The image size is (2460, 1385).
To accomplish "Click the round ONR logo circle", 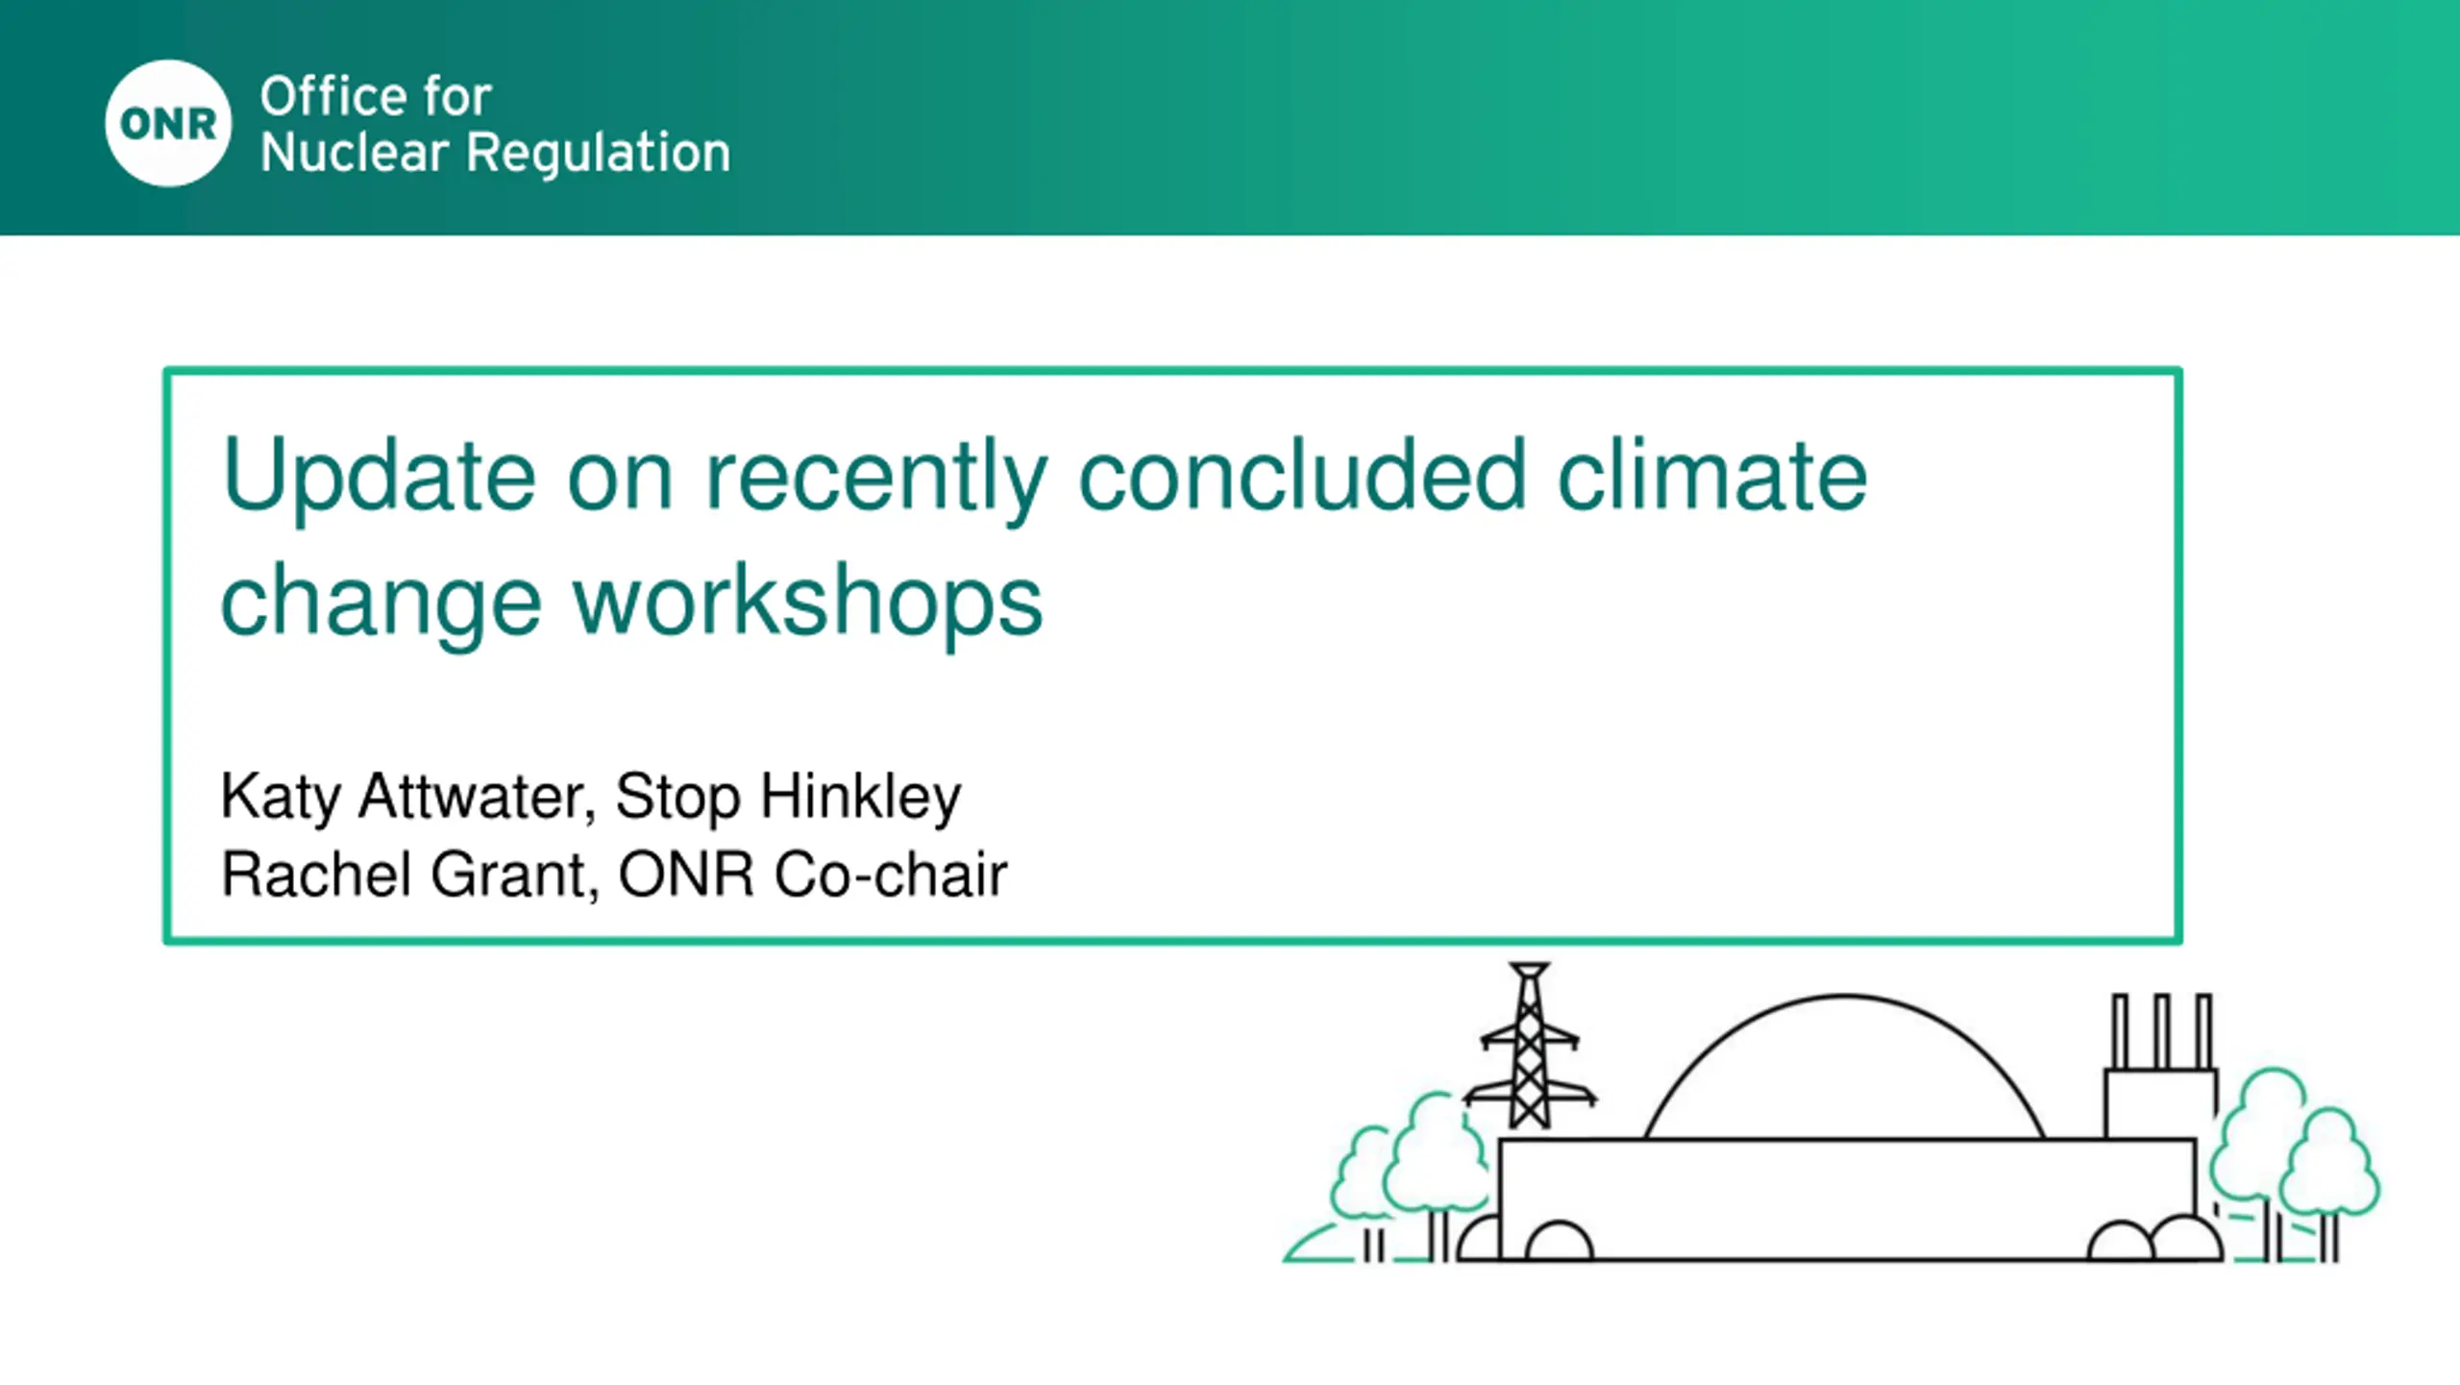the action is point(168,123).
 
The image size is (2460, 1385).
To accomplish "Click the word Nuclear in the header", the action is point(355,153).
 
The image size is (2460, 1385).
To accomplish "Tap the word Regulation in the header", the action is point(598,153).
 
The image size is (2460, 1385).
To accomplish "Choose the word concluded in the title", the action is point(1302,475).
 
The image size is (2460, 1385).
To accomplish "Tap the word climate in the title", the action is point(1712,475).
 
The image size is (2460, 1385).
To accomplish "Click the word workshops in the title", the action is point(808,600).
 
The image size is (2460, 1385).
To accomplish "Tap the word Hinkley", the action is point(860,797).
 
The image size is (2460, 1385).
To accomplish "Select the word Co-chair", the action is point(891,875).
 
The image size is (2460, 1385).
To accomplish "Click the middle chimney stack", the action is point(2162,1031).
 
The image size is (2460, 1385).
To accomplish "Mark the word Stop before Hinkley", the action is point(677,797).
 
